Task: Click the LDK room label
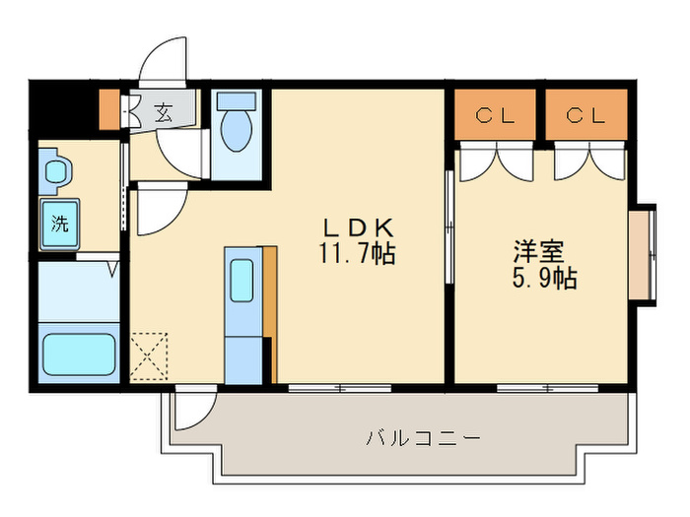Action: pyautogui.click(x=358, y=227)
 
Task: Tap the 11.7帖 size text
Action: pyautogui.click(x=357, y=253)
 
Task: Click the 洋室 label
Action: pyautogui.click(x=538, y=252)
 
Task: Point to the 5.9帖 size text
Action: pyautogui.click(x=544, y=278)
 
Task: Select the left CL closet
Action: pyautogui.click(x=495, y=114)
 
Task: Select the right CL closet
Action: pyautogui.click(x=586, y=114)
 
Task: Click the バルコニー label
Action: pyautogui.click(x=423, y=438)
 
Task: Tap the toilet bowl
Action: pyautogui.click(x=237, y=130)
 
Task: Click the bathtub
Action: pyautogui.click(x=79, y=354)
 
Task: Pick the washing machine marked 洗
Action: pyautogui.click(x=60, y=225)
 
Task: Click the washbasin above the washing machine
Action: pyautogui.click(x=56, y=171)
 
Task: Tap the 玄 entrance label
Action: pyautogui.click(x=164, y=112)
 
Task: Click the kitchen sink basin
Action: pyautogui.click(x=241, y=281)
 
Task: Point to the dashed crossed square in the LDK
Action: pyautogui.click(x=149, y=356)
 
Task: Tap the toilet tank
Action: pyautogui.click(x=237, y=101)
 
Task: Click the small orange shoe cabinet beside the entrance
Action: pyautogui.click(x=109, y=110)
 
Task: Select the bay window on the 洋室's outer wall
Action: pyautogui.click(x=642, y=255)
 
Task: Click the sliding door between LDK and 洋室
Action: pyautogui.click(x=449, y=226)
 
